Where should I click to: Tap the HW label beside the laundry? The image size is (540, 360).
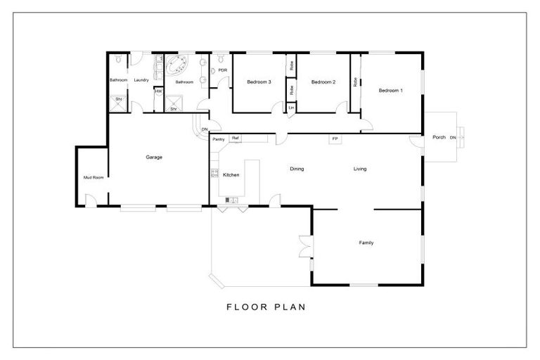(x=158, y=91)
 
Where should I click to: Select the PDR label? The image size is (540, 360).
(x=222, y=70)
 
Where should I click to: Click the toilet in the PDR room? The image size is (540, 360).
(x=221, y=57)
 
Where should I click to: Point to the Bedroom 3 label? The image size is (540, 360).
(x=259, y=82)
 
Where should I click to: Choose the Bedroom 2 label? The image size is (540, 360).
(x=323, y=82)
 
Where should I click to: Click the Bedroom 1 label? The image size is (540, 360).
(x=391, y=90)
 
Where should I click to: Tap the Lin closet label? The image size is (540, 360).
(x=291, y=107)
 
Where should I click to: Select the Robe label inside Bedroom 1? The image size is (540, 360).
(x=356, y=82)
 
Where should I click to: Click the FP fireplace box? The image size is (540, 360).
(x=335, y=139)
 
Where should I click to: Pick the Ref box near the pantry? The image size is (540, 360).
(x=236, y=138)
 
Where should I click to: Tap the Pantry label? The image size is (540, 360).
(x=219, y=139)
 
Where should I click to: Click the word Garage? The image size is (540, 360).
(x=154, y=157)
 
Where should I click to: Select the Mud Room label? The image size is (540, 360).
(x=94, y=177)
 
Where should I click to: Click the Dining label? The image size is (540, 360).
(x=297, y=169)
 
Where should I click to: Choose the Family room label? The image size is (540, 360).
(x=366, y=243)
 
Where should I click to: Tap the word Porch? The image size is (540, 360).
(x=439, y=137)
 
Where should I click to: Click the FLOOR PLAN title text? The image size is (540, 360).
(x=265, y=307)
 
